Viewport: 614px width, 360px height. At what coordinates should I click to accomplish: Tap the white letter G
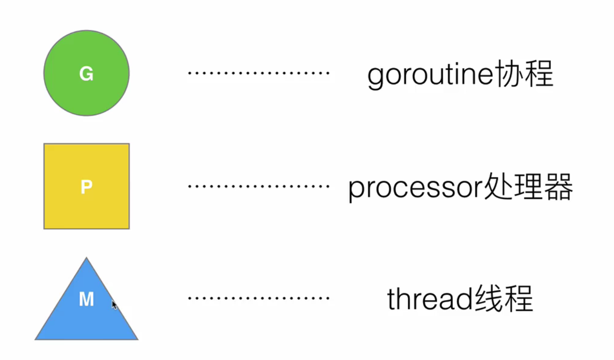pyautogui.click(x=86, y=74)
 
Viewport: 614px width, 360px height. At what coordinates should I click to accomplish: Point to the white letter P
pyautogui.click(x=86, y=187)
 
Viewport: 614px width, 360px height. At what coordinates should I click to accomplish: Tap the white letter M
pyautogui.click(x=86, y=300)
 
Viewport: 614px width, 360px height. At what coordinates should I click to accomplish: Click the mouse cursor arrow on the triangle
pyautogui.click(x=114, y=305)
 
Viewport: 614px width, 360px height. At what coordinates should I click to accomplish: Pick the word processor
pyautogui.click(x=411, y=188)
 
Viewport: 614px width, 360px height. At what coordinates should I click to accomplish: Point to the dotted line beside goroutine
pyautogui.click(x=258, y=73)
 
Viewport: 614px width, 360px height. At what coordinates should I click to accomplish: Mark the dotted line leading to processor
pyautogui.click(x=258, y=186)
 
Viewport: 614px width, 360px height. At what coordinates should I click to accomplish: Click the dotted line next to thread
pyautogui.click(x=258, y=298)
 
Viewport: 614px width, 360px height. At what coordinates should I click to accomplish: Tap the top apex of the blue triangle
pyautogui.click(x=86, y=260)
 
